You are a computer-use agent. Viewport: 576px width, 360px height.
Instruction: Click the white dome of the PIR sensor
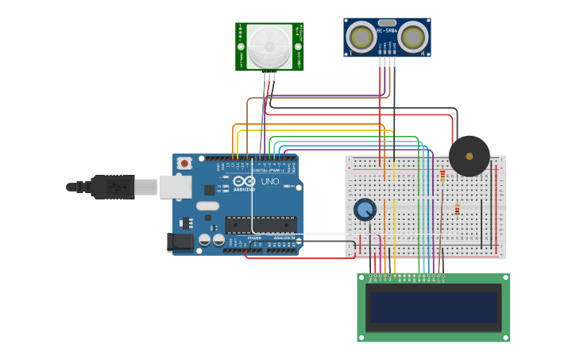pos(269,46)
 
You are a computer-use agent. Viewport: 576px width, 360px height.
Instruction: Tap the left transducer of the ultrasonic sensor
pos(361,37)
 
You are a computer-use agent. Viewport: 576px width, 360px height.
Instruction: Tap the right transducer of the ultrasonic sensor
pos(412,37)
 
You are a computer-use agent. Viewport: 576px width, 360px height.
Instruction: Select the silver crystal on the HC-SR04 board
pos(387,23)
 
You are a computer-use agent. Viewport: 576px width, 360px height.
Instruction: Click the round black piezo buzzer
pos(469,156)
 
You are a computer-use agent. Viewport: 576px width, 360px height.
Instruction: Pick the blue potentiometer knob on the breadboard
pos(365,209)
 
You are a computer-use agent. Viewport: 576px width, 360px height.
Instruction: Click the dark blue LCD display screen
pos(434,308)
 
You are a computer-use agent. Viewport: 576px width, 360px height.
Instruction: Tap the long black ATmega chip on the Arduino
pos(261,224)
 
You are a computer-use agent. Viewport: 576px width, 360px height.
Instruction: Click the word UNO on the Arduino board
pos(270,181)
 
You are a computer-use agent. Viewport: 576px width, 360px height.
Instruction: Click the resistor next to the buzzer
pos(443,176)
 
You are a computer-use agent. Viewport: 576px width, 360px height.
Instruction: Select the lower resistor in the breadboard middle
pos(457,210)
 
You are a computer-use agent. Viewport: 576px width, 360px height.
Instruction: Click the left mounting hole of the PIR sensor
pos(242,46)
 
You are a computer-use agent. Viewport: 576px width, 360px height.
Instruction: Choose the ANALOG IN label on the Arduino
pos(284,238)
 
